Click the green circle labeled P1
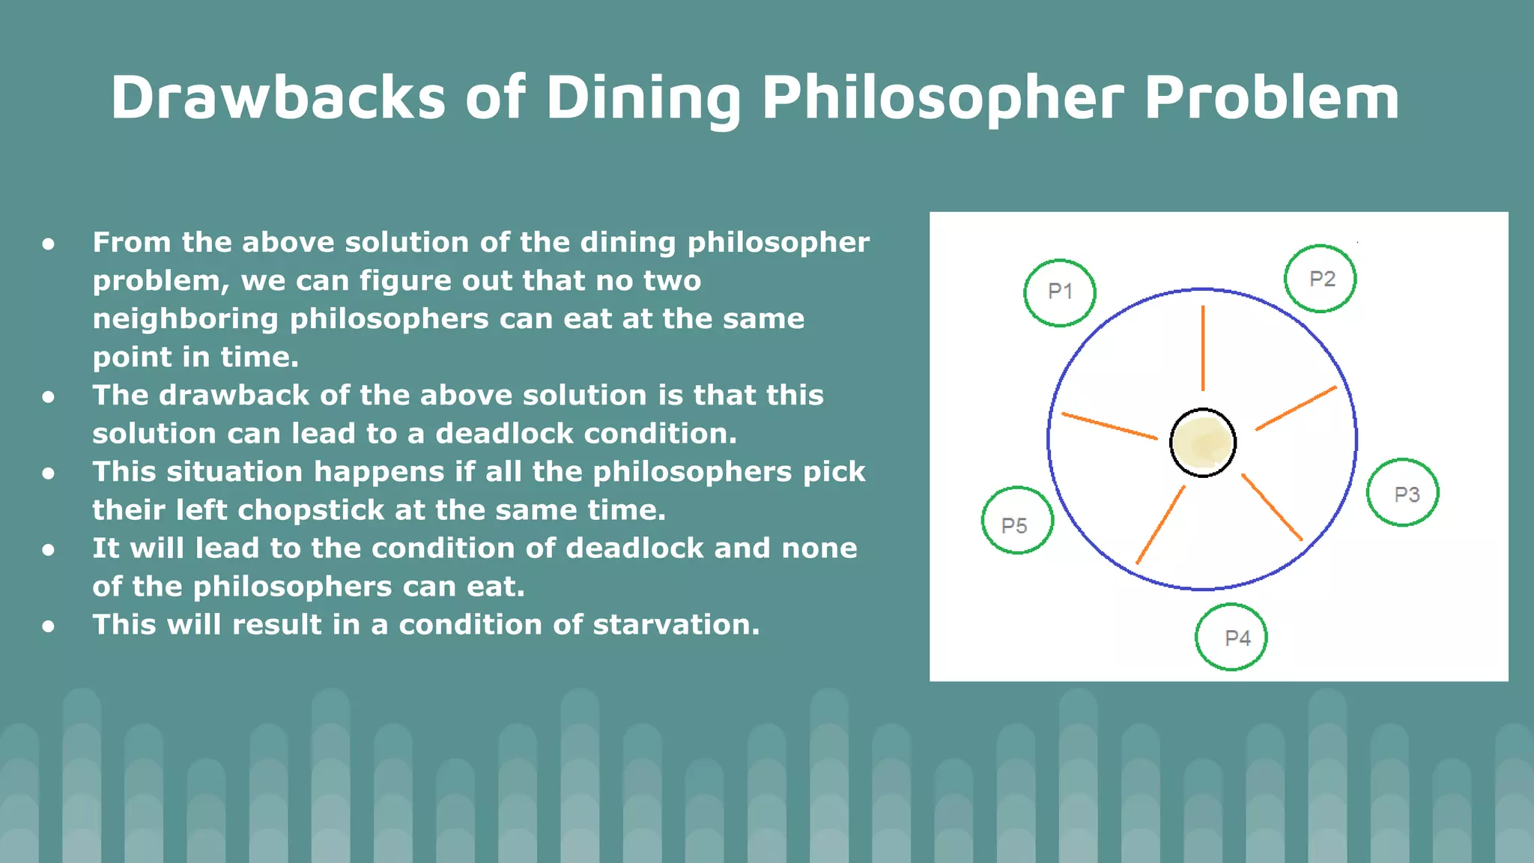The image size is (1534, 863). point(1059,292)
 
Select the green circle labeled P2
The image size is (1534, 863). point(1320,279)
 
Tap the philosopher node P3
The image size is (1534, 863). point(1402,493)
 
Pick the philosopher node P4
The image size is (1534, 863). point(1231,637)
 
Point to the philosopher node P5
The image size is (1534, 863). point(1017,521)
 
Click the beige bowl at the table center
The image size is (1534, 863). point(1203,443)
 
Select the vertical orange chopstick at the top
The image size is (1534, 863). point(1203,348)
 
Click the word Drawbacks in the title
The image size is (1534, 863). point(278,97)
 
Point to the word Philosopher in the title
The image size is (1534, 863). point(942,97)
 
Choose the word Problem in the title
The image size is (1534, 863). point(1271,97)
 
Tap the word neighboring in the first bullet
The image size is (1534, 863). point(186,319)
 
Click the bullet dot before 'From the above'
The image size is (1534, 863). point(49,243)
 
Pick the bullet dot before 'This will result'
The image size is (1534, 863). point(49,626)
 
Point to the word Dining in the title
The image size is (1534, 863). point(643,97)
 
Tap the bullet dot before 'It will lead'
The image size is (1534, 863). point(49,549)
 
